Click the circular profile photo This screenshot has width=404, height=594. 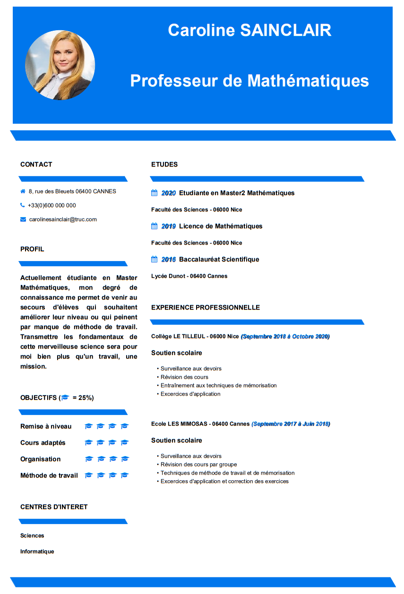click(60, 65)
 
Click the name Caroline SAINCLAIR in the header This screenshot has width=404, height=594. click(249, 30)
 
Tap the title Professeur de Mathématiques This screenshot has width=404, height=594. click(249, 81)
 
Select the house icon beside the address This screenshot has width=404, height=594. click(23, 191)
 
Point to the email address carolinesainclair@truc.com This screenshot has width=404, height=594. click(63, 220)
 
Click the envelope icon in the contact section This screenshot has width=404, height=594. click(23, 220)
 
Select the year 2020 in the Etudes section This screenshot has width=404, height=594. click(168, 193)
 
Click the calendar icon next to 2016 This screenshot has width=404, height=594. click(154, 259)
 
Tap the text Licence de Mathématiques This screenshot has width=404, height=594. click(221, 226)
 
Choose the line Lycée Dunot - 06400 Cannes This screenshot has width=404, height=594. click(189, 276)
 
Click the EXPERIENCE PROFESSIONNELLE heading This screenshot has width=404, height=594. click(206, 307)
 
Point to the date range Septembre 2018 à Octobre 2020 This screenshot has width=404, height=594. click(285, 336)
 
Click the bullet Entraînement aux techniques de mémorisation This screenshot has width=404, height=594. click(218, 385)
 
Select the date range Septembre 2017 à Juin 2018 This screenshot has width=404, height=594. click(291, 424)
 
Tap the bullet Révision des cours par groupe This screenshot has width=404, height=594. click(198, 465)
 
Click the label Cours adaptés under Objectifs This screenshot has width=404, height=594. click(43, 443)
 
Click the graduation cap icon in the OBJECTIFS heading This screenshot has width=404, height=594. click(65, 398)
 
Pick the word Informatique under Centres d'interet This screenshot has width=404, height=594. click(37, 552)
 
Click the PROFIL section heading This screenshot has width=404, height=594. click(32, 249)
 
